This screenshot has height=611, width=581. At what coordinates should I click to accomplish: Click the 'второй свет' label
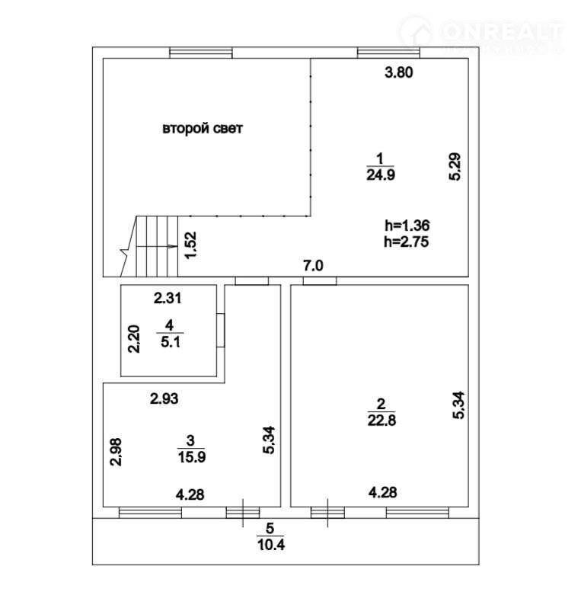(203, 128)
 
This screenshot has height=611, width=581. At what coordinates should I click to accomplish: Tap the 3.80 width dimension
(399, 72)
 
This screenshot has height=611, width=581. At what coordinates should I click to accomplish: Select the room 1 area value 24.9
(381, 175)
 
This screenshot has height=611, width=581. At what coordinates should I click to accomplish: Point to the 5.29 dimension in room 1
(455, 166)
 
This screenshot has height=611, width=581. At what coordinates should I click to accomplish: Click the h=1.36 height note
(407, 226)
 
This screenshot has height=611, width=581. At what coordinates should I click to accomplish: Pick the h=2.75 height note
(406, 242)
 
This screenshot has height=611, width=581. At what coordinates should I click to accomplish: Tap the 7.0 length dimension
(314, 266)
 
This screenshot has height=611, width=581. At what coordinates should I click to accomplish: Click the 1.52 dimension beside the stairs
(190, 245)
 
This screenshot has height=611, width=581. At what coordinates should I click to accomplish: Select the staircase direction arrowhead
(172, 246)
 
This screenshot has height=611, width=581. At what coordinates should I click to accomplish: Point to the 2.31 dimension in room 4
(168, 299)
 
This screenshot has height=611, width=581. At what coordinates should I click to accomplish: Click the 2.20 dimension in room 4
(134, 339)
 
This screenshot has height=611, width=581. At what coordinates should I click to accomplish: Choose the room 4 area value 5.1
(171, 343)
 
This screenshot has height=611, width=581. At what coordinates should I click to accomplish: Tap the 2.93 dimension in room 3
(164, 398)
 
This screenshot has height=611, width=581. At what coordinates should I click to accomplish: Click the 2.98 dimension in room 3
(116, 452)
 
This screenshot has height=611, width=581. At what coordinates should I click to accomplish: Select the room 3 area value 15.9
(192, 456)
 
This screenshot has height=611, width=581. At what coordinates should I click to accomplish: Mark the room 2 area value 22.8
(381, 421)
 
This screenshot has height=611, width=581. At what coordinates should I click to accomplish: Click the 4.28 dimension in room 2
(383, 492)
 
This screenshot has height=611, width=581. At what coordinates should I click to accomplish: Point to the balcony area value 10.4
(270, 545)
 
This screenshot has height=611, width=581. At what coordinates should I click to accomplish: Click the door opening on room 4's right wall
(221, 330)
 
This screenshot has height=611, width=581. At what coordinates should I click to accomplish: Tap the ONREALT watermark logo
(481, 34)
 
